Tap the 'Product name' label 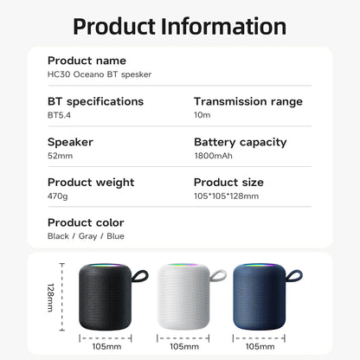tap(87, 61)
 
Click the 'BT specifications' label tap(95, 101)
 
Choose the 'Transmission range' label tap(248, 101)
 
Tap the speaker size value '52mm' tap(60, 156)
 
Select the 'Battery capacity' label tap(241, 142)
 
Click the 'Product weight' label tap(91, 183)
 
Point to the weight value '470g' tap(57, 196)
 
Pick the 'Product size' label tap(229, 183)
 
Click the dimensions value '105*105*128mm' tap(225, 196)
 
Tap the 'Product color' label tap(86, 222)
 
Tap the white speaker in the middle tap(183, 299)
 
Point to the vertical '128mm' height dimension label tap(51, 299)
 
